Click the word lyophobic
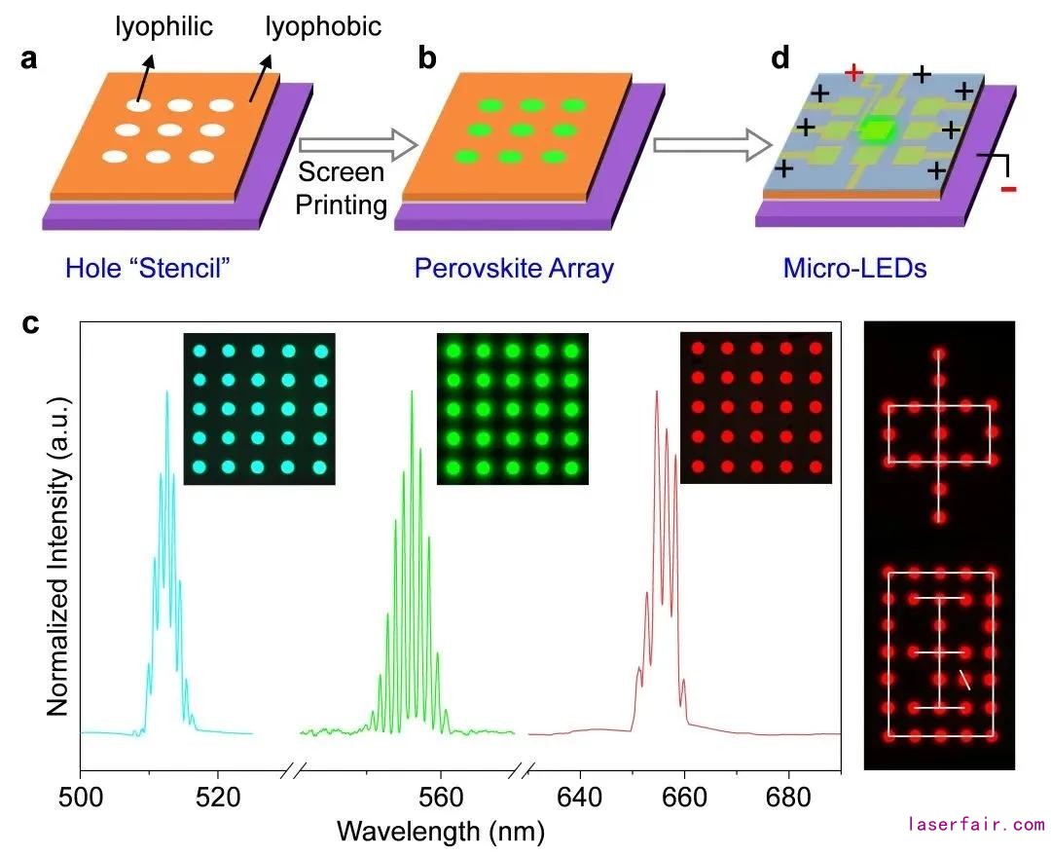point(323,26)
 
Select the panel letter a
point(29,58)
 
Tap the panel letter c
point(31,323)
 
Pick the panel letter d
point(780,58)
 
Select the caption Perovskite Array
point(514,268)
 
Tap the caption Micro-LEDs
point(854,268)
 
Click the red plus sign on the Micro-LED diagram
point(853,72)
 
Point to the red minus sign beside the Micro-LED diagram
point(1007,188)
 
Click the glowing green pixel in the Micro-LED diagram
point(879,129)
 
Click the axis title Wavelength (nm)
point(440,831)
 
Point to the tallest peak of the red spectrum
point(657,393)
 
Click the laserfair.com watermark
point(976,825)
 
